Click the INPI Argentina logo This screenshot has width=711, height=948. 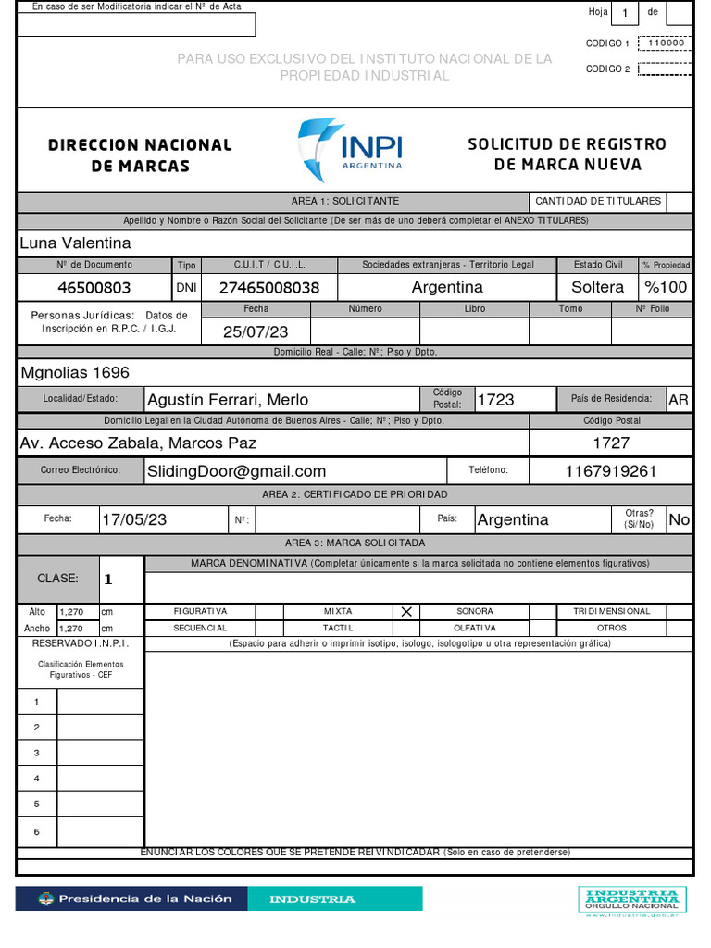coord(351,149)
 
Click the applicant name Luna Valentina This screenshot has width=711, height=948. coord(75,243)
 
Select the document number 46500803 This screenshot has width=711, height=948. coord(94,287)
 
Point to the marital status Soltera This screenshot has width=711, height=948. coord(597,287)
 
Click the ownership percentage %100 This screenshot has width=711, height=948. coord(666,287)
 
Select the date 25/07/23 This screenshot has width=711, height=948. coord(256,331)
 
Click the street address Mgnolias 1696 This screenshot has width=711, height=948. coord(75,373)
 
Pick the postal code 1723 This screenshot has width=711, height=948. coord(495,400)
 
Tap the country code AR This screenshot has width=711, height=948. coord(679,400)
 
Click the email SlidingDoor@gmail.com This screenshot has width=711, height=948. coord(237,471)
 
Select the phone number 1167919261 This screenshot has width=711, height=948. coord(610,471)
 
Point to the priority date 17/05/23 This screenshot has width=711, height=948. coord(134,519)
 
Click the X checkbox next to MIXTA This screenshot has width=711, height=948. coord(405,612)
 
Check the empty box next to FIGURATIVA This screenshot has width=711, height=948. coord(268,612)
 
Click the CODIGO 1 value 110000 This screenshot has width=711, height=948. coord(666,43)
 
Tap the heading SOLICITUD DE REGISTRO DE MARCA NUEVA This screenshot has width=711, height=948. coord(567,155)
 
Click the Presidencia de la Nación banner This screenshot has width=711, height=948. coord(133,899)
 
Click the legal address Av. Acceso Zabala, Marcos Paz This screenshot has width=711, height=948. coord(138,443)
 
